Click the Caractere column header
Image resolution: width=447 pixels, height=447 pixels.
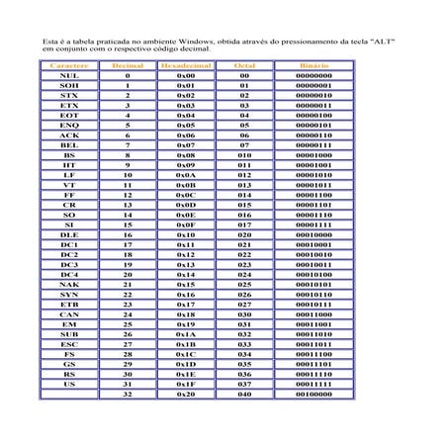[x=69, y=64]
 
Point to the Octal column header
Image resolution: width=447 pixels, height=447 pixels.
[x=243, y=64]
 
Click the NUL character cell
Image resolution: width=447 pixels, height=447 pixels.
[x=69, y=75]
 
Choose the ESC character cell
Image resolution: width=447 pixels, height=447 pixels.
[x=69, y=343]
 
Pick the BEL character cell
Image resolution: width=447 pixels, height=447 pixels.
[x=69, y=144]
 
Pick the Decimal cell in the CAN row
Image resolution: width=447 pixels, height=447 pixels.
[x=128, y=313]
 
